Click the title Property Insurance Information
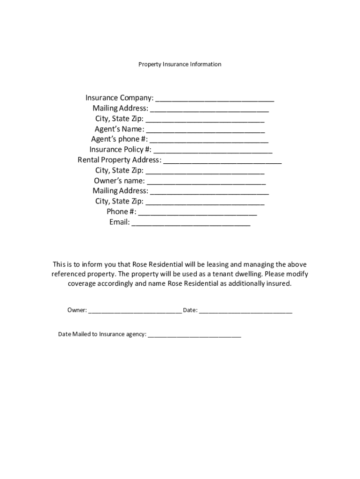click(x=180, y=64)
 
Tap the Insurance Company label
click(x=119, y=98)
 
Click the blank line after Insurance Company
click(x=215, y=99)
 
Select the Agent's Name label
click(x=119, y=129)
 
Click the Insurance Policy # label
click(x=120, y=150)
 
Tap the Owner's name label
click(x=119, y=181)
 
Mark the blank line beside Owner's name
click(x=206, y=182)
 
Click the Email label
click(x=119, y=222)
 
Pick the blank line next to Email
click(x=191, y=224)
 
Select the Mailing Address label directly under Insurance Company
click(x=120, y=109)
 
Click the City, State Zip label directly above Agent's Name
click(x=119, y=119)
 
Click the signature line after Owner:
click(x=135, y=312)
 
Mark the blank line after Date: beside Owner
click(x=245, y=312)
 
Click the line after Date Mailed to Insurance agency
click(x=194, y=336)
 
